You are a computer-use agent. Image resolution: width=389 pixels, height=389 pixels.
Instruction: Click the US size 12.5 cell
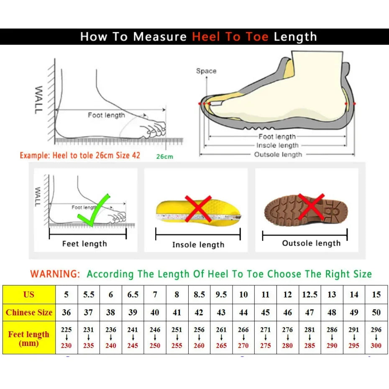point(310,294)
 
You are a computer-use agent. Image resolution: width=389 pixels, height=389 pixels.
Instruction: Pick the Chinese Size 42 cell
point(199,312)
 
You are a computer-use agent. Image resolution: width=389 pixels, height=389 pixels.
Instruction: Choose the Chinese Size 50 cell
point(376,312)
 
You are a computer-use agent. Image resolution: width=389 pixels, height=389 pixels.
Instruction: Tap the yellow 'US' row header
point(29,294)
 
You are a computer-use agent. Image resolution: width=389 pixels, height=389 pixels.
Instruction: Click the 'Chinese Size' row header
point(29,312)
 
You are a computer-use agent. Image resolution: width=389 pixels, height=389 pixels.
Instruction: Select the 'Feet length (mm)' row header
point(29,338)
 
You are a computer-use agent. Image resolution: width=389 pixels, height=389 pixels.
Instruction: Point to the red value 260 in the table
point(199,346)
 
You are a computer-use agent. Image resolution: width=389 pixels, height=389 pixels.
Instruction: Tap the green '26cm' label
point(164,157)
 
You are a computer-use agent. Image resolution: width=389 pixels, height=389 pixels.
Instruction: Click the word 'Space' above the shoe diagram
point(206,71)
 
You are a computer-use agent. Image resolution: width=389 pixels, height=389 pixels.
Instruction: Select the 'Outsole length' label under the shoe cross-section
point(278,155)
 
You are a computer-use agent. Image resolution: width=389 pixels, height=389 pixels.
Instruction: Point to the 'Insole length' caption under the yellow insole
point(198,245)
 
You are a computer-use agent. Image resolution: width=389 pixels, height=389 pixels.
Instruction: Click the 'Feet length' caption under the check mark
point(84,244)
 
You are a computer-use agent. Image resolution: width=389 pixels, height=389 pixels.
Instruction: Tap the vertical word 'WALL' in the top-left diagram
point(38,100)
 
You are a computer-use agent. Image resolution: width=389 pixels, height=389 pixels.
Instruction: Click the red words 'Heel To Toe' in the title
point(230,37)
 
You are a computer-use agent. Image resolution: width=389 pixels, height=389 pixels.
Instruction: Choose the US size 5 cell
point(67,294)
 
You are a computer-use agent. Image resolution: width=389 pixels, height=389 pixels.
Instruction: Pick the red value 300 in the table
point(376,346)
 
